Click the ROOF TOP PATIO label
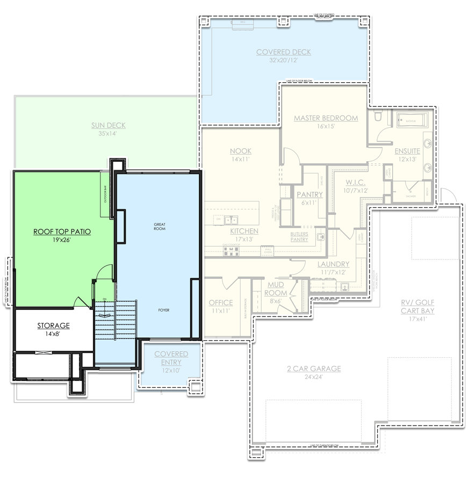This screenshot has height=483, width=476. [x=62, y=232]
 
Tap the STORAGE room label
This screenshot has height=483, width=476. [x=53, y=326]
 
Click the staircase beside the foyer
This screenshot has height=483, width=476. [x=116, y=319]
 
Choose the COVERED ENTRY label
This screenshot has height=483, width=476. [x=171, y=358]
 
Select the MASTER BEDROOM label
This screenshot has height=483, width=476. [x=326, y=118]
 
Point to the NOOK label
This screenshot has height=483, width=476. [x=241, y=151]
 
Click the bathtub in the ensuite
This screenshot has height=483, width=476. [x=412, y=121]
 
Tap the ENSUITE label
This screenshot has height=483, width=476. [x=407, y=151]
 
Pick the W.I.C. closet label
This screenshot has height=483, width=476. [x=356, y=182]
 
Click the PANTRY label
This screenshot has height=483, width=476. [x=309, y=194]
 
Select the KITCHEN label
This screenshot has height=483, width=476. [x=244, y=231]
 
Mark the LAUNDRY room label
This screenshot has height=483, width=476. [x=333, y=264]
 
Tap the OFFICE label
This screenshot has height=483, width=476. [x=221, y=302]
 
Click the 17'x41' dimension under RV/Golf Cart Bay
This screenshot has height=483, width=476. [x=421, y=319]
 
